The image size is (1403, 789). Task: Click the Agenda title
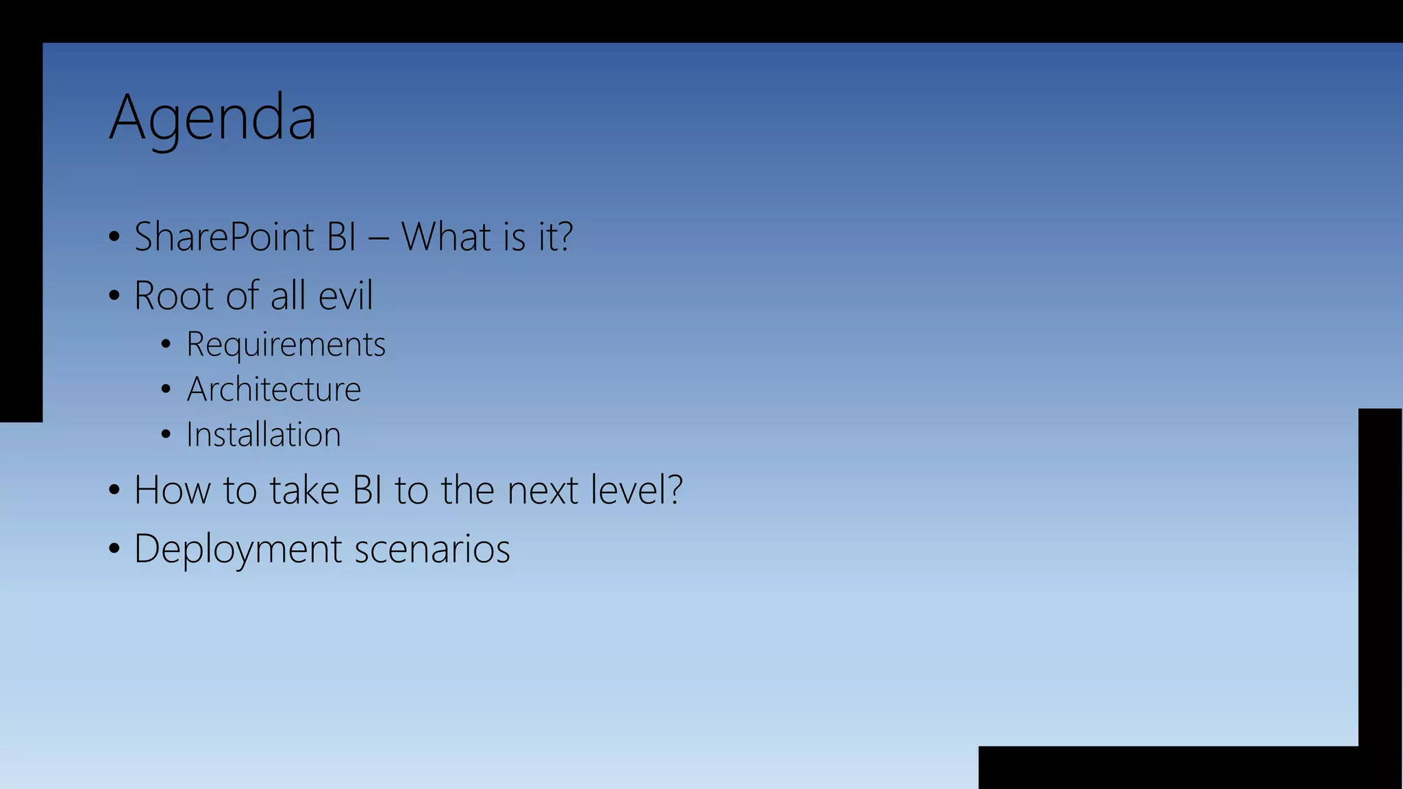click(x=212, y=118)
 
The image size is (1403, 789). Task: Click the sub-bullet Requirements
click(x=286, y=344)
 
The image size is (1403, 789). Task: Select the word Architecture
click(x=273, y=389)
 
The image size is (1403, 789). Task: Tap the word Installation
click(x=263, y=434)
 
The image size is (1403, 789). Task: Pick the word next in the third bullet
click(x=543, y=490)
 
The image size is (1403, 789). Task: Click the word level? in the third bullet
click(x=636, y=490)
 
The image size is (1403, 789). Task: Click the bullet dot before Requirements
click(x=166, y=345)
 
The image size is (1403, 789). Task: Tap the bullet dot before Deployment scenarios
click(x=114, y=549)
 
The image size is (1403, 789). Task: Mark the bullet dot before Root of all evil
click(x=114, y=296)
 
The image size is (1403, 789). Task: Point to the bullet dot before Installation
click(x=166, y=434)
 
